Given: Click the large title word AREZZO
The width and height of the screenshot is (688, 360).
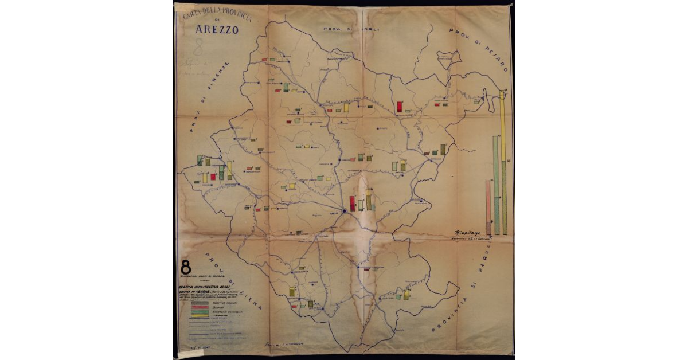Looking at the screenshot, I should coord(217,30).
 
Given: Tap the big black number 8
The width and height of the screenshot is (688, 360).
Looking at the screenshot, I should coord(186,267).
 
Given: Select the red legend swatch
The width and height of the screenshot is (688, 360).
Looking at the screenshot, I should coord(198,307).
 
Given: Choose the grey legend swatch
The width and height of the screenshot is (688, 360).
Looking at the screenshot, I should coord(198,303).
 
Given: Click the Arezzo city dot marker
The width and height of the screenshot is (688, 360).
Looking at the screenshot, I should coord(343,212).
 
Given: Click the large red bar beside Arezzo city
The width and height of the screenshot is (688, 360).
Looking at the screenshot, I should coord(351,203).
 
